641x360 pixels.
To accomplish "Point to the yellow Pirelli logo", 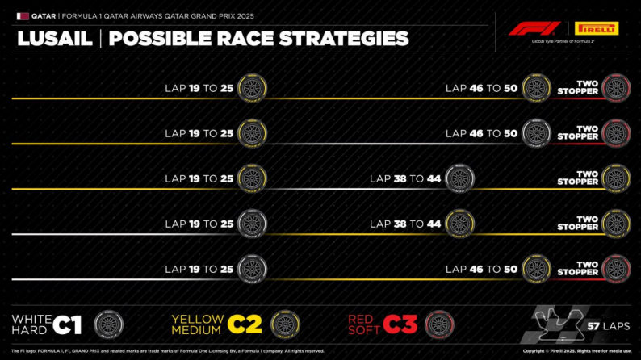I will tap(597, 29).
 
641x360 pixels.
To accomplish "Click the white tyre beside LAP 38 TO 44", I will tap(459, 178).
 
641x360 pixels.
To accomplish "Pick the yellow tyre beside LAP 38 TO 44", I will tap(459, 224).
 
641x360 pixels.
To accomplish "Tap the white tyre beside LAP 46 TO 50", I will tap(536, 132).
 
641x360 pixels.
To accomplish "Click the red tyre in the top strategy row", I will tap(616, 87).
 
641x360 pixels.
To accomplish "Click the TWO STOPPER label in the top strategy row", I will tap(577, 87).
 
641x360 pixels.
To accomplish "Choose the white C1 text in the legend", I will tap(68, 324).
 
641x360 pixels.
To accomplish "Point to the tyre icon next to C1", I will tap(108, 324).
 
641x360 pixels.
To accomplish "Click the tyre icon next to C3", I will tap(439, 324).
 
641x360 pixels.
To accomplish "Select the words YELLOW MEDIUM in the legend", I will tap(197, 324).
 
